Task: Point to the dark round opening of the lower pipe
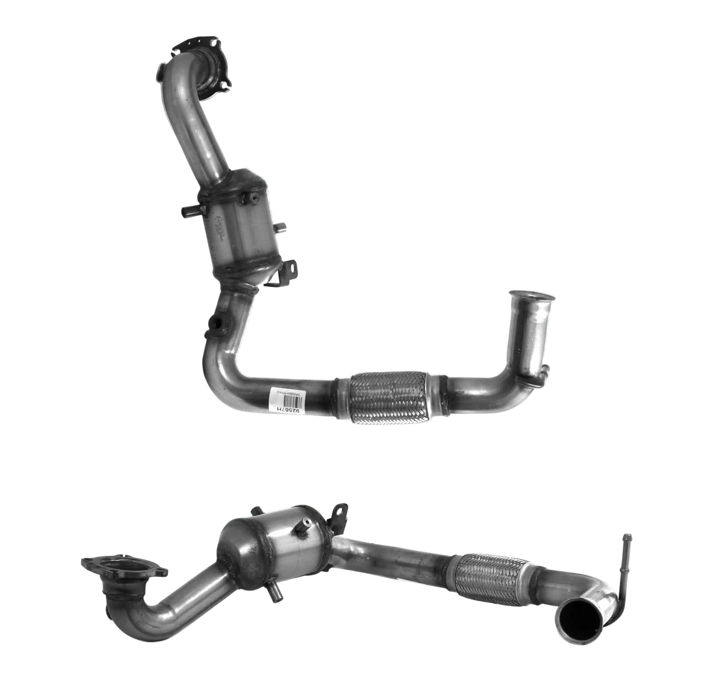[581, 619]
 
